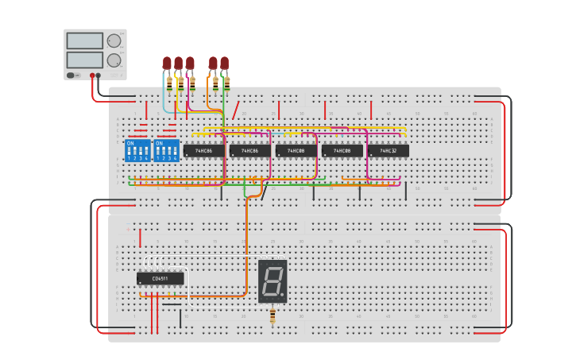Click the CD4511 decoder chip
point(160,278)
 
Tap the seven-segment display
point(273,281)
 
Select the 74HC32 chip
point(389,150)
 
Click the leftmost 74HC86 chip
point(203,150)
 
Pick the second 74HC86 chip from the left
point(249,150)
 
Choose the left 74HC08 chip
point(296,150)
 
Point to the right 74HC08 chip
point(342,150)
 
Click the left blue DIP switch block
point(137,150)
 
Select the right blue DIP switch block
point(166,150)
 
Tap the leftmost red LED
point(167,63)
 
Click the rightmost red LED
point(225,63)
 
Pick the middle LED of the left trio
point(179,63)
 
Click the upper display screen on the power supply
point(85,41)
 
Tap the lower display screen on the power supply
point(85,60)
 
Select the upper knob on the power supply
point(114,41)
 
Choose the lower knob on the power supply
point(114,60)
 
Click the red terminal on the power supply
point(92,75)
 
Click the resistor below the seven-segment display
point(273,316)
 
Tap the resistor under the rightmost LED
point(227,82)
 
